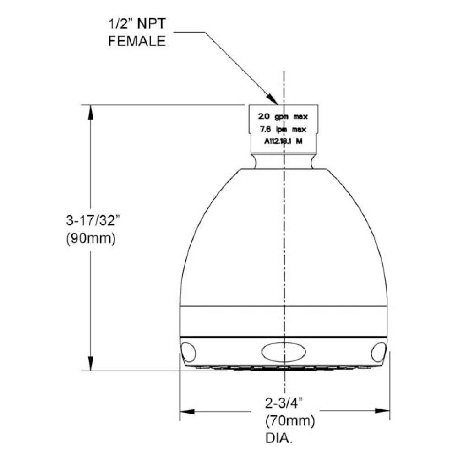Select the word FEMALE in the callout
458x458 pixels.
136,41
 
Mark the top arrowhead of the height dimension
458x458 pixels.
91,110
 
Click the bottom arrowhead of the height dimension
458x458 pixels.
91,365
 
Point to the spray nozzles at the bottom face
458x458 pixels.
284,368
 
